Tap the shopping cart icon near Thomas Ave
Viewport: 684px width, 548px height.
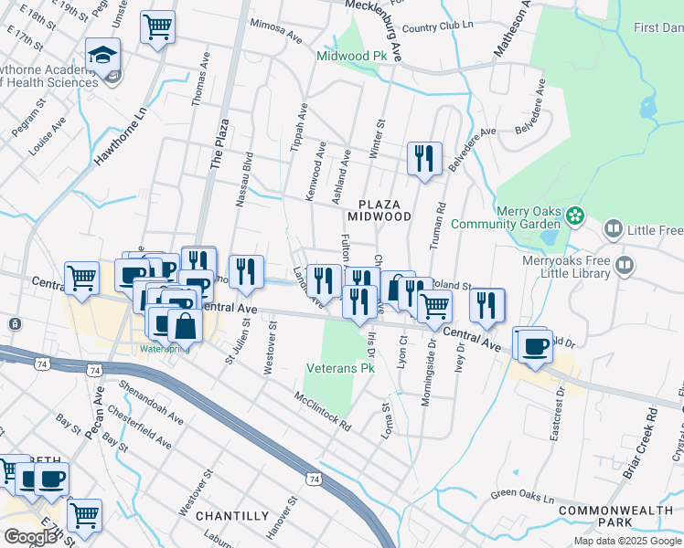157,26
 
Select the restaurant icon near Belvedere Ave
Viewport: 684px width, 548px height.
424,158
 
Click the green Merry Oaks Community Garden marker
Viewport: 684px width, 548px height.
574,216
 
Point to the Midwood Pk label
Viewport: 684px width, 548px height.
351,57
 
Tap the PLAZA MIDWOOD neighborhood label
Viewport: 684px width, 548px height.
379,209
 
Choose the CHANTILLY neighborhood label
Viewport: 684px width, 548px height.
232,516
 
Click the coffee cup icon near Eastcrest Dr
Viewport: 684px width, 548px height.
535,345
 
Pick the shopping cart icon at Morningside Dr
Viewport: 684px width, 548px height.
434,306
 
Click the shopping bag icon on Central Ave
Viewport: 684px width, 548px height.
185,325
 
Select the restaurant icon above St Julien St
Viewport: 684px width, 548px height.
246,271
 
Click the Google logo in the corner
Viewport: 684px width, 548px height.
29,536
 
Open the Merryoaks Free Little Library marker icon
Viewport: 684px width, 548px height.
625,266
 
